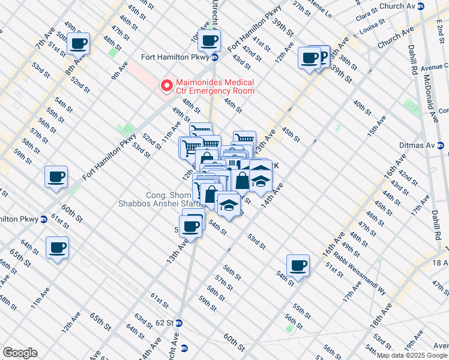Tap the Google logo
[x=20, y=352]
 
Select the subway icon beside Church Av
[x=421, y=6]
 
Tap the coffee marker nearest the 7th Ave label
[x=78, y=43]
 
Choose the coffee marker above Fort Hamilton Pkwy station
[x=209, y=40]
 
